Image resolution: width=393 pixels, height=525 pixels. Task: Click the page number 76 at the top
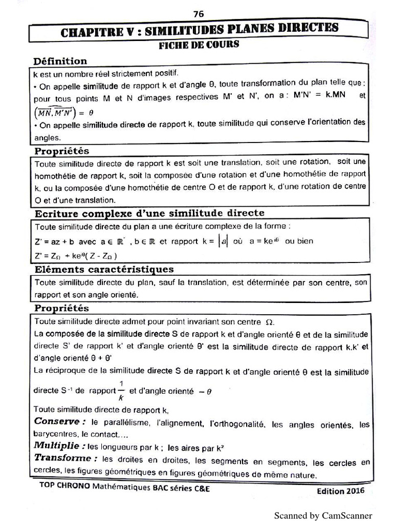click(199, 14)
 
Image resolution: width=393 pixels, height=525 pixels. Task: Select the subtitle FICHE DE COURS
click(199, 45)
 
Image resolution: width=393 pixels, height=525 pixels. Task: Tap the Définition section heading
click(60, 61)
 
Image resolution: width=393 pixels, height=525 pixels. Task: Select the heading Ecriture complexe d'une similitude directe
click(149, 213)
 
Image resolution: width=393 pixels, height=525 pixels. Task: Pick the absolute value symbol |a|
click(223, 241)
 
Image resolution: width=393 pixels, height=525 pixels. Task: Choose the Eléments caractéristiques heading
click(104, 269)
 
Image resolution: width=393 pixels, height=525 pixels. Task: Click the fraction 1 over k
click(121, 390)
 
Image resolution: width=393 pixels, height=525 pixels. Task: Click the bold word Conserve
click(59, 421)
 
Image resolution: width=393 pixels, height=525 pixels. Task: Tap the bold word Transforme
click(64, 458)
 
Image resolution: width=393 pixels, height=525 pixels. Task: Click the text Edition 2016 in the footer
click(340, 491)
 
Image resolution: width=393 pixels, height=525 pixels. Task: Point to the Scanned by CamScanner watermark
click(323, 515)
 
